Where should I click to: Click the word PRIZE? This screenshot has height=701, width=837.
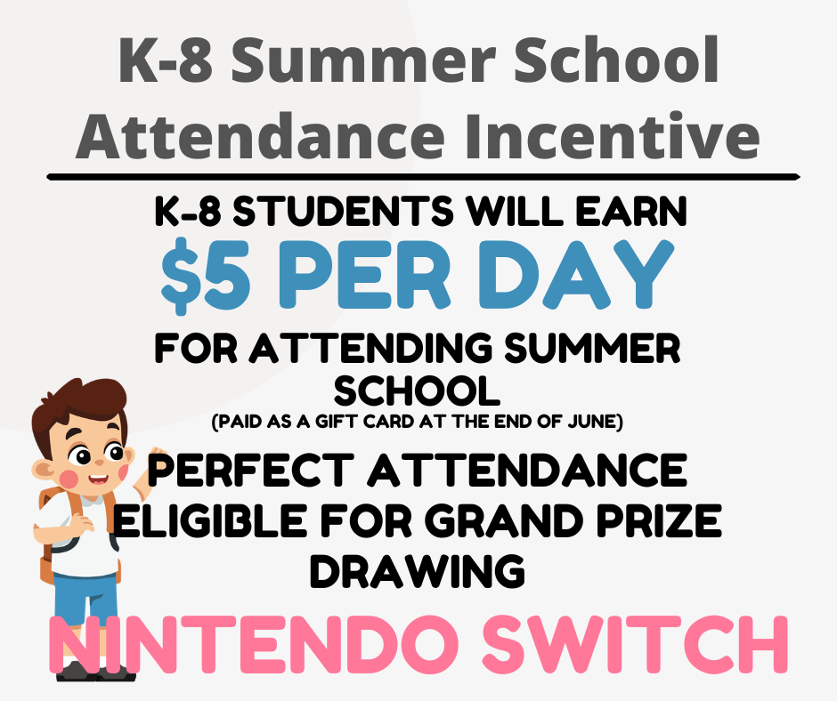coord(654,521)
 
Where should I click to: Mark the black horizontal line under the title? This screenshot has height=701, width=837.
coord(423,177)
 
